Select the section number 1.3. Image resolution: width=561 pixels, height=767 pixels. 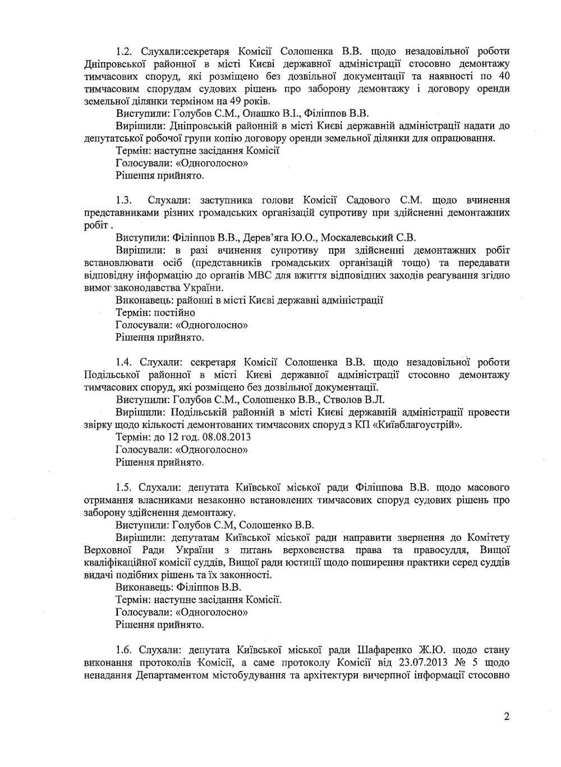pos(123,200)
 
